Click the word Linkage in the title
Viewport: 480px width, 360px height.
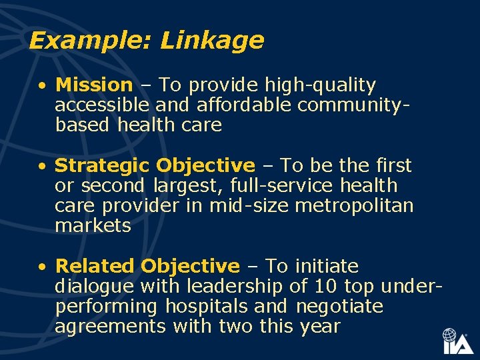[x=212, y=41]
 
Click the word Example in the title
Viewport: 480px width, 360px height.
[x=91, y=41]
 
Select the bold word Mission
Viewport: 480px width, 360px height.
[x=94, y=85]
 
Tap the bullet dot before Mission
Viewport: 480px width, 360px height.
[x=42, y=86]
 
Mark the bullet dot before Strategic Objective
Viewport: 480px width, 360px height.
[x=42, y=166]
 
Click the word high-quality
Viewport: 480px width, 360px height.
[x=320, y=85]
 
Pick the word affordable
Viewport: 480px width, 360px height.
[x=235, y=105]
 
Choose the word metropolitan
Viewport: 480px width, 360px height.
[x=354, y=205]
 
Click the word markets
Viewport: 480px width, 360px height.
[x=93, y=226]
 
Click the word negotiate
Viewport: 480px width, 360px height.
[x=339, y=307]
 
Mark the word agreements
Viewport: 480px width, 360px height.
[x=111, y=327]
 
